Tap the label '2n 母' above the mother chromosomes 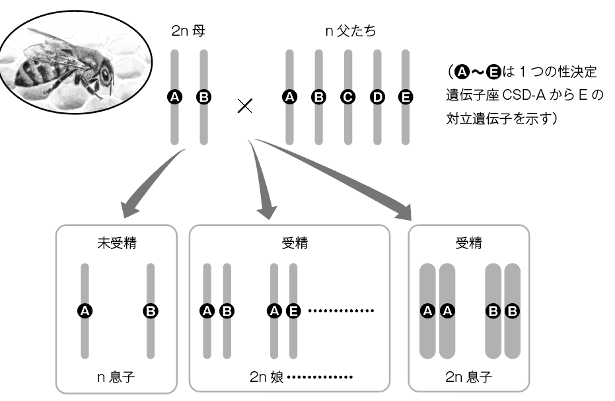pyautogui.click(x=189, y=30)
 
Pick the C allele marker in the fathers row pyautogui.click(x=347, y=97)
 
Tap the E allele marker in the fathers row pyautogui.click(x=405, y=97)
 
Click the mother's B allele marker pyautogui.click(x=203, y=97)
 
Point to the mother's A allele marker pyautogui.click(x=175, y=97)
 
